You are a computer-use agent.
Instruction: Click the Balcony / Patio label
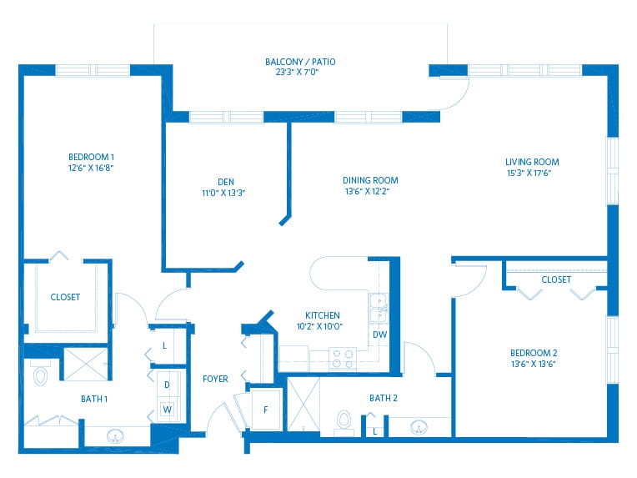300,62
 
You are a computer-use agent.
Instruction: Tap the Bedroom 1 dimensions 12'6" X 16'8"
91,168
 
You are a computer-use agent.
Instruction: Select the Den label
225,182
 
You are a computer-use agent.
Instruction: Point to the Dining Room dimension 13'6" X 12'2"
367,191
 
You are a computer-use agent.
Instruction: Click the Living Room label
532,162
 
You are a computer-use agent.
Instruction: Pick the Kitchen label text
322,315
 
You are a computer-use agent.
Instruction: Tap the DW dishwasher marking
380,335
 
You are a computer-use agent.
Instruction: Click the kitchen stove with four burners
343,359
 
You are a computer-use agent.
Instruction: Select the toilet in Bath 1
40,373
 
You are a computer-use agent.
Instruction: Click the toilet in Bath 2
344,422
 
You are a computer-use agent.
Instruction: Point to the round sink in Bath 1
115,436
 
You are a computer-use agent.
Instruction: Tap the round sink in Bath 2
419,428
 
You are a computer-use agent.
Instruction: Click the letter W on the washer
167,410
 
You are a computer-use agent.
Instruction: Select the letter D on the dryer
167,385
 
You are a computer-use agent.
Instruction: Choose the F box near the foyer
266,410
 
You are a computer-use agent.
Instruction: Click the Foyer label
215,379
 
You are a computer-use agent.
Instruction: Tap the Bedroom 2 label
534,353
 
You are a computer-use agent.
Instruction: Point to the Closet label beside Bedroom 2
556,279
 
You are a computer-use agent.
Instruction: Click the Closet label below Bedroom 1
65,297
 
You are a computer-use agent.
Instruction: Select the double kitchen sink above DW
379,308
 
